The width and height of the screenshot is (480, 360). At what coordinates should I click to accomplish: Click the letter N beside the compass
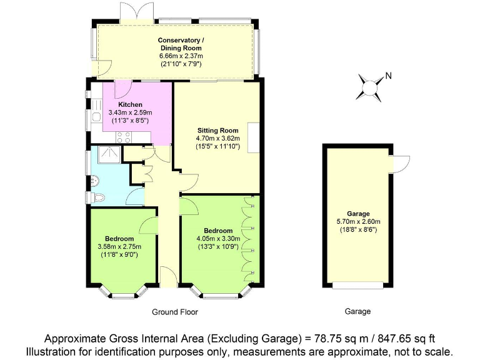point(388,76)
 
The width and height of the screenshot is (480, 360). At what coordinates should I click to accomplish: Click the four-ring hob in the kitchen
point(122,139)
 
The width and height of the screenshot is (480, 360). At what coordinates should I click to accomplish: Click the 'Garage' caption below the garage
point(357,311)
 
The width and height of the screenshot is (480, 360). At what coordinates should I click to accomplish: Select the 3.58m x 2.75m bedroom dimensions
point(119,247)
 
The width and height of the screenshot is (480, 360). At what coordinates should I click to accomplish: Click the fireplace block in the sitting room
point(254,138)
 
